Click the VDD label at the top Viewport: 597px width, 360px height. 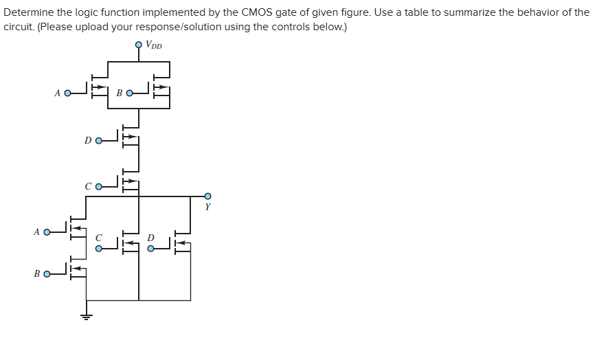pos(154,47)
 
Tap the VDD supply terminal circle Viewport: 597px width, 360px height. pos(139,45)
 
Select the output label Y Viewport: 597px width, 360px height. pos(207,206)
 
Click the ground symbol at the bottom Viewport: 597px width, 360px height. pos(86,317)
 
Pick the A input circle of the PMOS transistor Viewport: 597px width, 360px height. pos(67,93)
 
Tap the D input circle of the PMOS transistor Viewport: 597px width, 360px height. pos(98,141)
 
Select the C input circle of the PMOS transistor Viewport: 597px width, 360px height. pos(98,186)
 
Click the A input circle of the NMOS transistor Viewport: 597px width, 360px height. pos(47,232)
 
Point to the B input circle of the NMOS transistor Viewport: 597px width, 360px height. pos(47,274)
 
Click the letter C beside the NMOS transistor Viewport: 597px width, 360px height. pos(98,238)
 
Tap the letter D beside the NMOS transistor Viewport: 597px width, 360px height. pos(151,238)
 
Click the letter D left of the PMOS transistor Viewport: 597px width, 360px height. pos(87,141)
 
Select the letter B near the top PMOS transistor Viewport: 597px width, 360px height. pos(119,93)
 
